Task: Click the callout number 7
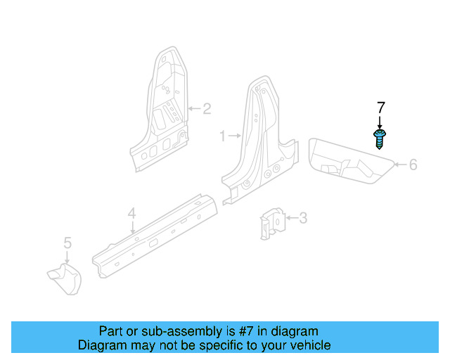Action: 380,108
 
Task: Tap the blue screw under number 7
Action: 380,138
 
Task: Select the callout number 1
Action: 223,136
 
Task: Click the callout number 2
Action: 207,109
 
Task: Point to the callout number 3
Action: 303,219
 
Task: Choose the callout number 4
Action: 131,213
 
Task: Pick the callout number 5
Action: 67,243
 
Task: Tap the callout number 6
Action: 413,165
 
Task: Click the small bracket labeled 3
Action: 274,222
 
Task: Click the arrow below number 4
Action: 132,226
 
